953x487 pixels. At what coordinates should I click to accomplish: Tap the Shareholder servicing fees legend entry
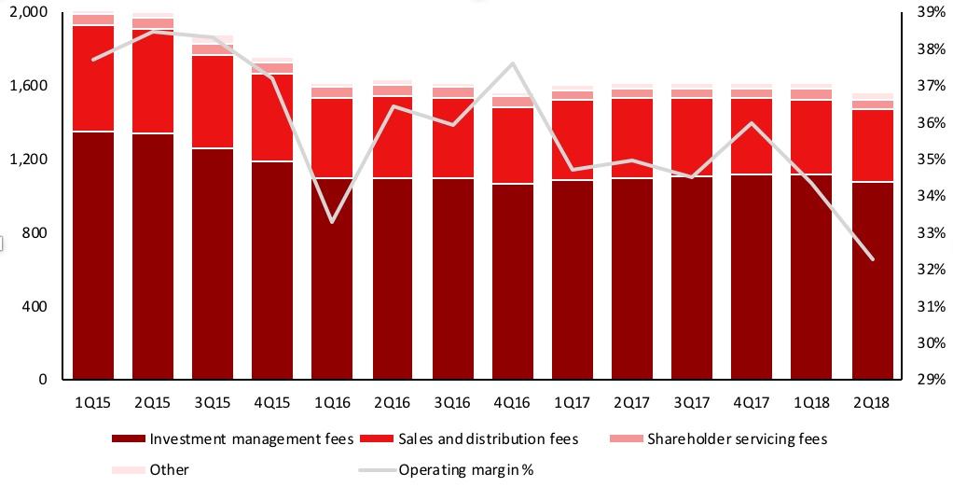[737, 439]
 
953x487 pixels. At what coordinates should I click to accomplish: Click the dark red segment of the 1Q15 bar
[94, 257]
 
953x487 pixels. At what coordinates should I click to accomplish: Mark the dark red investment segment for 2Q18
[871, 280]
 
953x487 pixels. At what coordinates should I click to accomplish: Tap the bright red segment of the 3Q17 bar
[692, 137]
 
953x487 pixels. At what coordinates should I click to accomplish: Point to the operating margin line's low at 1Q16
[333, 222]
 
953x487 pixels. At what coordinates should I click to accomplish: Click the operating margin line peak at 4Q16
[512, 63]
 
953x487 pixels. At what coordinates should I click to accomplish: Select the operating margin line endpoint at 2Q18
[871, 259]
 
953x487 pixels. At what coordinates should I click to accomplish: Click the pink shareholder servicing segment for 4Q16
[512, 102]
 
